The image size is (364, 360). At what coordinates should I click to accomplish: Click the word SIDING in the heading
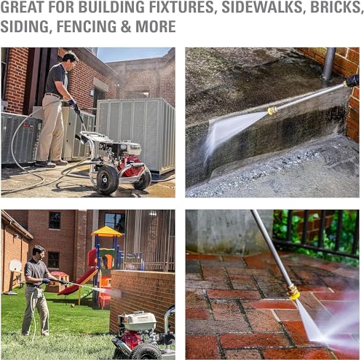(23, 28)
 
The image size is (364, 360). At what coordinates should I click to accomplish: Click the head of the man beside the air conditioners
(70, 58)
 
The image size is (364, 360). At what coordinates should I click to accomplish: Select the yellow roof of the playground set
(106, 232)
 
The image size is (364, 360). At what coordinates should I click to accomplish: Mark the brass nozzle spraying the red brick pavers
(293, 291)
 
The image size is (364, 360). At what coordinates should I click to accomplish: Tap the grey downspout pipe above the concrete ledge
(330, 63)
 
